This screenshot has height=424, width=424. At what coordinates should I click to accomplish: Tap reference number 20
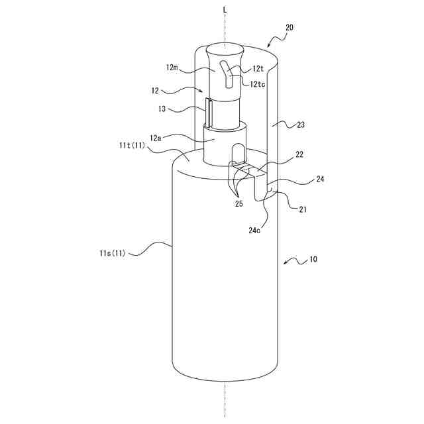290,28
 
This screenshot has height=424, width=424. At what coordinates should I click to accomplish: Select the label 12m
173,68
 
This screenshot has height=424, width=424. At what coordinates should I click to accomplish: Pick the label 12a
156,138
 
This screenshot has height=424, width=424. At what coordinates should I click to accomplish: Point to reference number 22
299,154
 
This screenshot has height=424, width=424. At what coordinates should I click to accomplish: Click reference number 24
320,179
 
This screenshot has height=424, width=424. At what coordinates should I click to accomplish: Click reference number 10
312,259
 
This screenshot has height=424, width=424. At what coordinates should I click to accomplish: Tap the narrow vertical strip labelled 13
208,113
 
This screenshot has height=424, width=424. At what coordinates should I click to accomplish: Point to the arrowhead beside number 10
286,264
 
